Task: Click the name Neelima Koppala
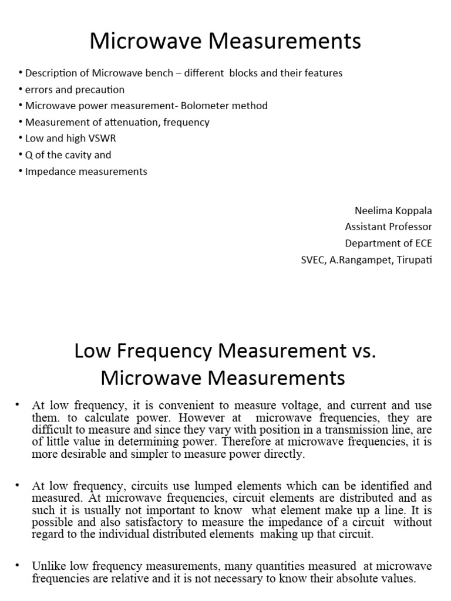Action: pos(393,211)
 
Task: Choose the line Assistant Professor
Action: pos(388,227)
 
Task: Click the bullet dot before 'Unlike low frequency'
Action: pos(18,565)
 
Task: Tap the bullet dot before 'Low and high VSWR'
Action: pos(21,139)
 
